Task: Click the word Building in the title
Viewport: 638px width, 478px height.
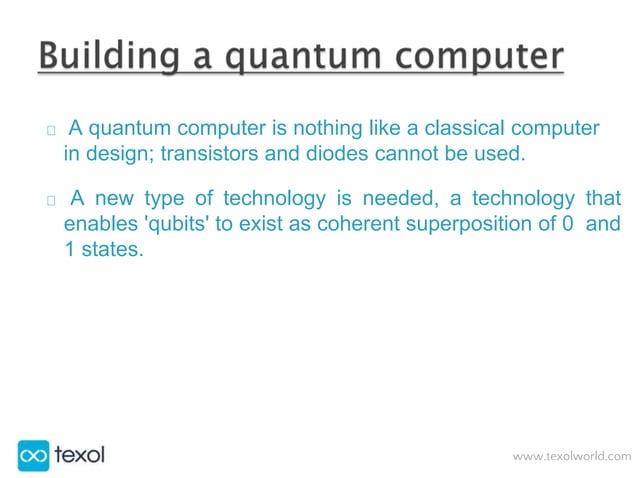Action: point(94,57)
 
